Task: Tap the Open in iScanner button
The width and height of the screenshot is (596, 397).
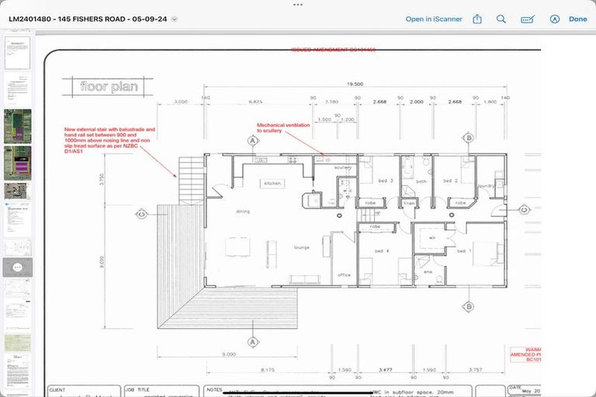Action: (434, 19)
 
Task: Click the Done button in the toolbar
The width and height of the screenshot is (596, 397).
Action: (577, 19)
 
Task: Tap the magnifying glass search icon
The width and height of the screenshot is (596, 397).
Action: (501, 19)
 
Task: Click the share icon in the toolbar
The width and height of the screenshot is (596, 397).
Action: (477, 19)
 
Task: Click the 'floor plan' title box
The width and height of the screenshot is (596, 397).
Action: (109, 86)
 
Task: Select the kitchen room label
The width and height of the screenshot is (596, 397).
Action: (272, 183)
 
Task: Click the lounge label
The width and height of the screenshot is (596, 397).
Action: (302, 247)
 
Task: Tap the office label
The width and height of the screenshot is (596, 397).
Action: (344, 274)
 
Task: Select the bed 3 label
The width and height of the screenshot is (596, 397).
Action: (386, 180)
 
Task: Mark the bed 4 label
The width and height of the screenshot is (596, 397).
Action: (380, 251)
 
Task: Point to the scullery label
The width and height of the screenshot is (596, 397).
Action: (343, 167)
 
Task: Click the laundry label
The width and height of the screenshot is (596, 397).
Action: (487, 186)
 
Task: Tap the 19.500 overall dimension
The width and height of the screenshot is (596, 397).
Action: (355, 85)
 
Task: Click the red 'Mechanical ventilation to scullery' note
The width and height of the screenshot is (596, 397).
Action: (283, 127)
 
